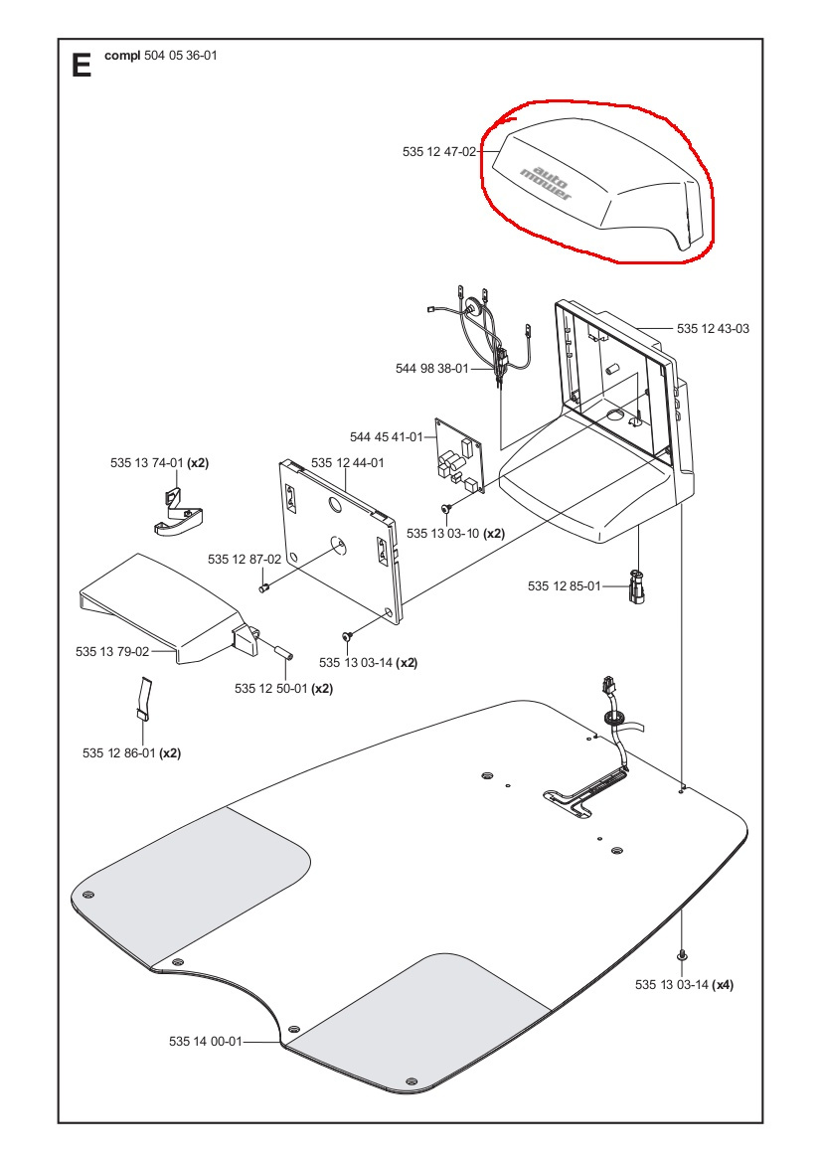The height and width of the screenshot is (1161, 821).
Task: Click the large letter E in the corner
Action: pos(82,65)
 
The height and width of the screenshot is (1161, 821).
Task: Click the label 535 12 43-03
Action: pos(713,328)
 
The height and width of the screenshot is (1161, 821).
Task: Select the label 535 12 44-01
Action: pos(347,463)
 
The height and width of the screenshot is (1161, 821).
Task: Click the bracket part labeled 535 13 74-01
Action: pos(179,513)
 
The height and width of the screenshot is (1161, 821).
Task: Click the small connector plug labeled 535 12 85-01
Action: pos(638,585)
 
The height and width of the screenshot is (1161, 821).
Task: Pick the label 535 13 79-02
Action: pos(112,652)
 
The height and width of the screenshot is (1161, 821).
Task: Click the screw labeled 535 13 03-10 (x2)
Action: pos(447,508)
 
